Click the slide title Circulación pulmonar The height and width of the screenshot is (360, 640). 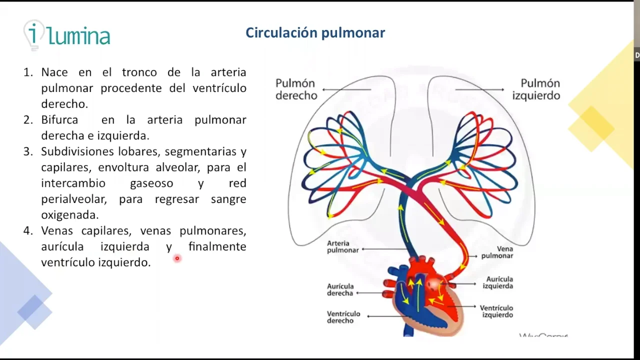tap(315, 33)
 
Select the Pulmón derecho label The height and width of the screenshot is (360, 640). tap(296, 89)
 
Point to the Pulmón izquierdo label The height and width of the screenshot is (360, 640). tap(536, 89)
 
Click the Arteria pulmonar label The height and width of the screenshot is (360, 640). tap(342, 247)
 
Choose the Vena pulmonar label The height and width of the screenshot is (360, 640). tap(497, 252)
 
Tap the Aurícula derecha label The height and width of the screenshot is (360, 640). tap(340, 290)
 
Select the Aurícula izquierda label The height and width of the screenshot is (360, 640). tap(499, 282)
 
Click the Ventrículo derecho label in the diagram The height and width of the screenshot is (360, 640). tap(343, 317)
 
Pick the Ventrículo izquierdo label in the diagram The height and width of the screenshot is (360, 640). tap(496, 311)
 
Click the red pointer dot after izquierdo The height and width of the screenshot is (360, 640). tap(177, 258)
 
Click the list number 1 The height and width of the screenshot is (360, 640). tap(27, 72)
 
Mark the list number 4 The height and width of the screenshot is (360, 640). tap(27, 231)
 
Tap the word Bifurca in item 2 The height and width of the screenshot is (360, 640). tap(59, 120)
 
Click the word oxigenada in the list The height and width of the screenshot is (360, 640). tap(69, 215)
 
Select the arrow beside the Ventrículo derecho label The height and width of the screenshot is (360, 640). tap(385, 315)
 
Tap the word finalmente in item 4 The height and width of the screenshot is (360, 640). tap(217, 246)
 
